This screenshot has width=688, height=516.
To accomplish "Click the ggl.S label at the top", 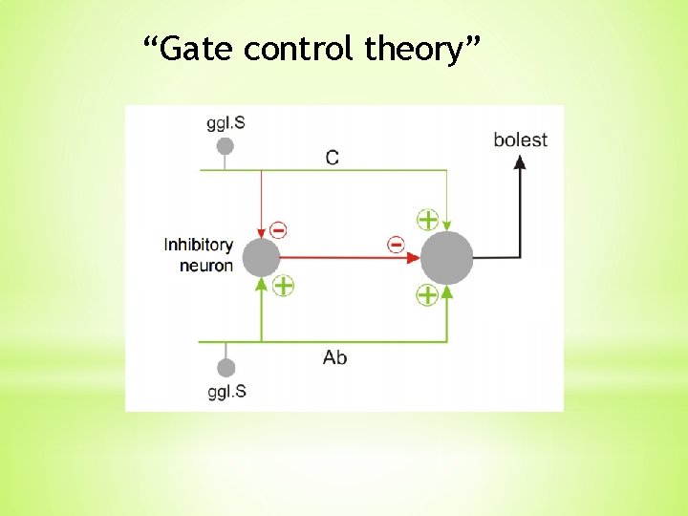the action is pyautogui.click(x=226, y=123).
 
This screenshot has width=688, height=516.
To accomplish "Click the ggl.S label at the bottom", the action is pyautogui.click(x=226, y=392).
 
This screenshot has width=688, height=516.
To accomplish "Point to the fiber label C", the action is pyautogui.click(x=332, y=158).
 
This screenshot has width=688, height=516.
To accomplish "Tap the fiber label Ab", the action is pyautogui.click(x=334, y=358).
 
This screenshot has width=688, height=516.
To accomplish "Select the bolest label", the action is pyautogui.click(x=520, y=140).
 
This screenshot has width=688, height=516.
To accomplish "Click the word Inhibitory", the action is pyautogui.click(x=198, y=245).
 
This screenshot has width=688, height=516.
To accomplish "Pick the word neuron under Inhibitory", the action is pyautogui.click(x=205, y=266).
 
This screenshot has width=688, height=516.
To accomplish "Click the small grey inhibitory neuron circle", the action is pyautogui.click(x=261, y=258).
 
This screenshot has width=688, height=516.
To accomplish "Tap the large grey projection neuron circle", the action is pyautogui.click(x=447, y=258).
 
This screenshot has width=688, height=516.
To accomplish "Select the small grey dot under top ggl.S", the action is pyautogui.click(x=226, y=146).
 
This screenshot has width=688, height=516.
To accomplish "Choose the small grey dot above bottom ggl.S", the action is pyautogui.click(x=226, y=368).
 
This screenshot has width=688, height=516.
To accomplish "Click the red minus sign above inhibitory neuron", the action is pyautogui.click(x=278, y=230).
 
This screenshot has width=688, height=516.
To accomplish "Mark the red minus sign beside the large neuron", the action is pyautogui.click(x=396, y=245).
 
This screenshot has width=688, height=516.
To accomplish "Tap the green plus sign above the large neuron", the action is pyautogui.click(x=427, y=219).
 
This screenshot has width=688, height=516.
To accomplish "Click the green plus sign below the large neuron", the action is pyautogui.click(x=427, y=295).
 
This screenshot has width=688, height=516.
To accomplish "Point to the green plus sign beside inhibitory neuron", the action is pyautogui.click(x=283, y=285).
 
